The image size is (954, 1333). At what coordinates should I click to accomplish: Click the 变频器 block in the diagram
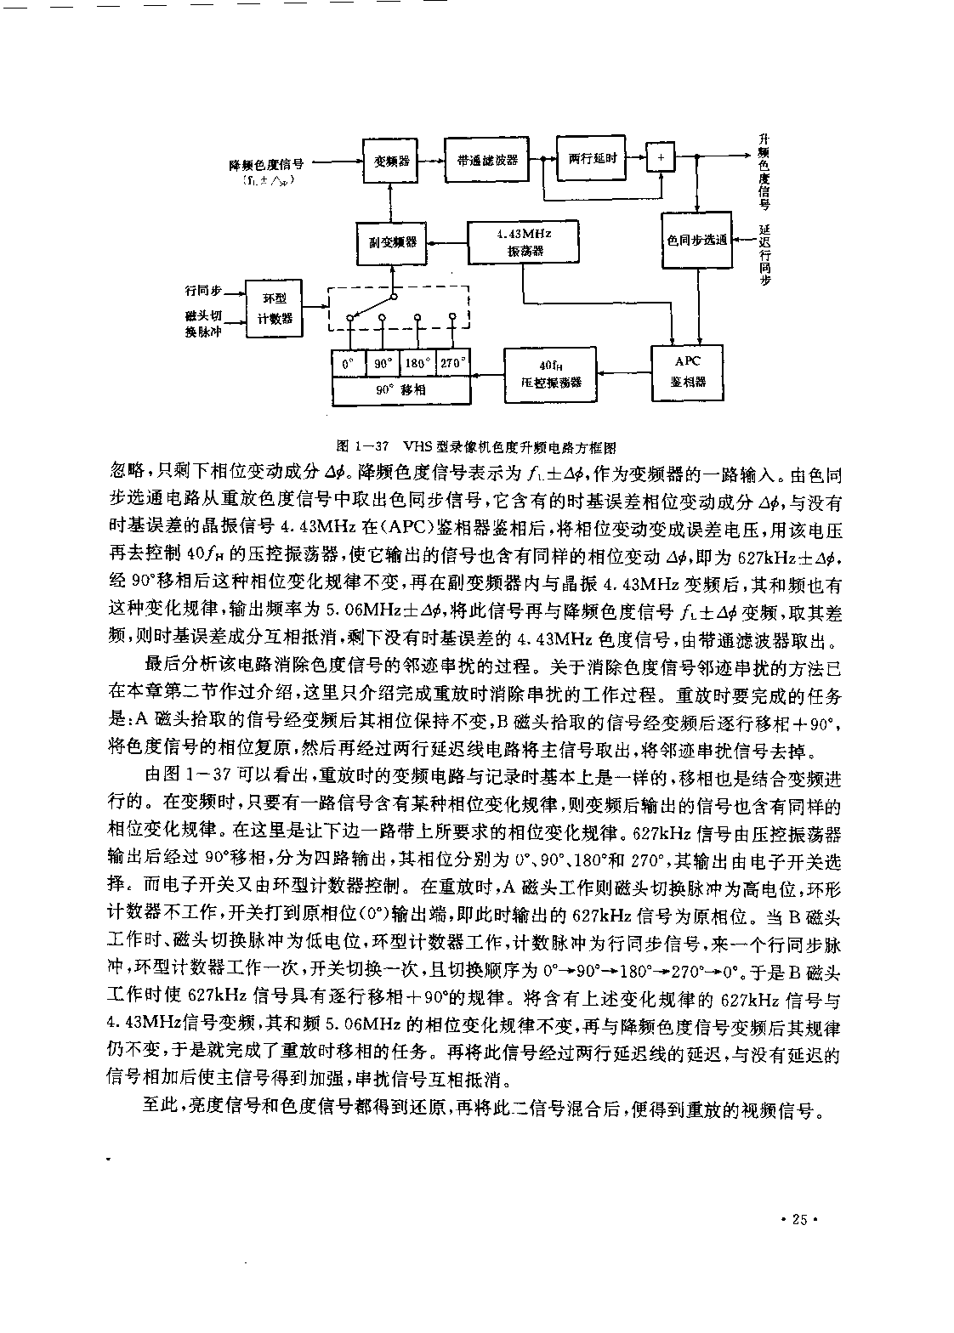pos(390,161)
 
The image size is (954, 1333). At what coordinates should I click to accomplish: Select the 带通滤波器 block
pos(487,160)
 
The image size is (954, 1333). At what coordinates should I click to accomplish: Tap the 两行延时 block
pos(591,158)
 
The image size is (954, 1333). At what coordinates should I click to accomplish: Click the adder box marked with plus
pos(661,157)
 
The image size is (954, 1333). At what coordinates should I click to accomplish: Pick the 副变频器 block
pos(391,243)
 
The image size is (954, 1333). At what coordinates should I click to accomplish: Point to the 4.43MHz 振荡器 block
pos(523,242)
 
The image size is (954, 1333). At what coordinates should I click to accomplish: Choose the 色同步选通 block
pos(696,240)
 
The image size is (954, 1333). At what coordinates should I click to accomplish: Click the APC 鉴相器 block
pos(687,372)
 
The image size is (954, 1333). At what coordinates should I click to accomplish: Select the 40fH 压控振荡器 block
pos(550,375)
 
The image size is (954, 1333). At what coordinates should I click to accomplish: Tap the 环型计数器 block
pos(274,309)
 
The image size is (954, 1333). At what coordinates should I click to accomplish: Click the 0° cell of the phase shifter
pos(348,363)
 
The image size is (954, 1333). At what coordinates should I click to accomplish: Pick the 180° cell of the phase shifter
pos(417,363)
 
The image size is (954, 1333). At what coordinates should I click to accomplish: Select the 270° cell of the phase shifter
pos(453,363)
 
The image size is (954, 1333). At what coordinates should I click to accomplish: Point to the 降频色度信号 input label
pos(266,164)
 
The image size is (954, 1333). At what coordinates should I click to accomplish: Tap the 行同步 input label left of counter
pos(203,291)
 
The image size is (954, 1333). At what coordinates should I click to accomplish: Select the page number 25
pos(799,1219)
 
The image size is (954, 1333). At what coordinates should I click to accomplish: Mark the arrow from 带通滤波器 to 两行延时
pos(542,159)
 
